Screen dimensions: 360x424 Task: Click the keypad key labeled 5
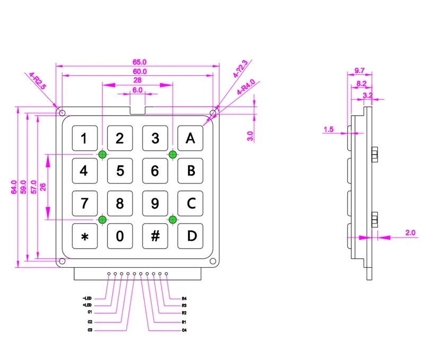coord(120,171)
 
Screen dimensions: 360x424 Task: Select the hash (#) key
coord(155,236)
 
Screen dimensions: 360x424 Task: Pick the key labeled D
coord(190,236)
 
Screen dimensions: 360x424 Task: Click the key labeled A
coord(190,138)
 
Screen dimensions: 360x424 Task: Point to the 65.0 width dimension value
coord(138,62)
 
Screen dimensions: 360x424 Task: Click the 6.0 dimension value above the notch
coord(138,91)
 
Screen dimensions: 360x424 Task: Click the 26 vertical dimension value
coord(42,186)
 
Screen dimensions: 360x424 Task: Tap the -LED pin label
coord(87,298)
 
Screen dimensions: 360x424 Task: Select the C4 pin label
coord(184,330)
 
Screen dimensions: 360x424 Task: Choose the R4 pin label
coord(184,298)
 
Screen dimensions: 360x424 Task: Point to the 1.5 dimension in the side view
coord(328,129)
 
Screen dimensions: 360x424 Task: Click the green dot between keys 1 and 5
coord(102,154)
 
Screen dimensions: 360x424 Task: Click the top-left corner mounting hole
coord(62,113)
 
